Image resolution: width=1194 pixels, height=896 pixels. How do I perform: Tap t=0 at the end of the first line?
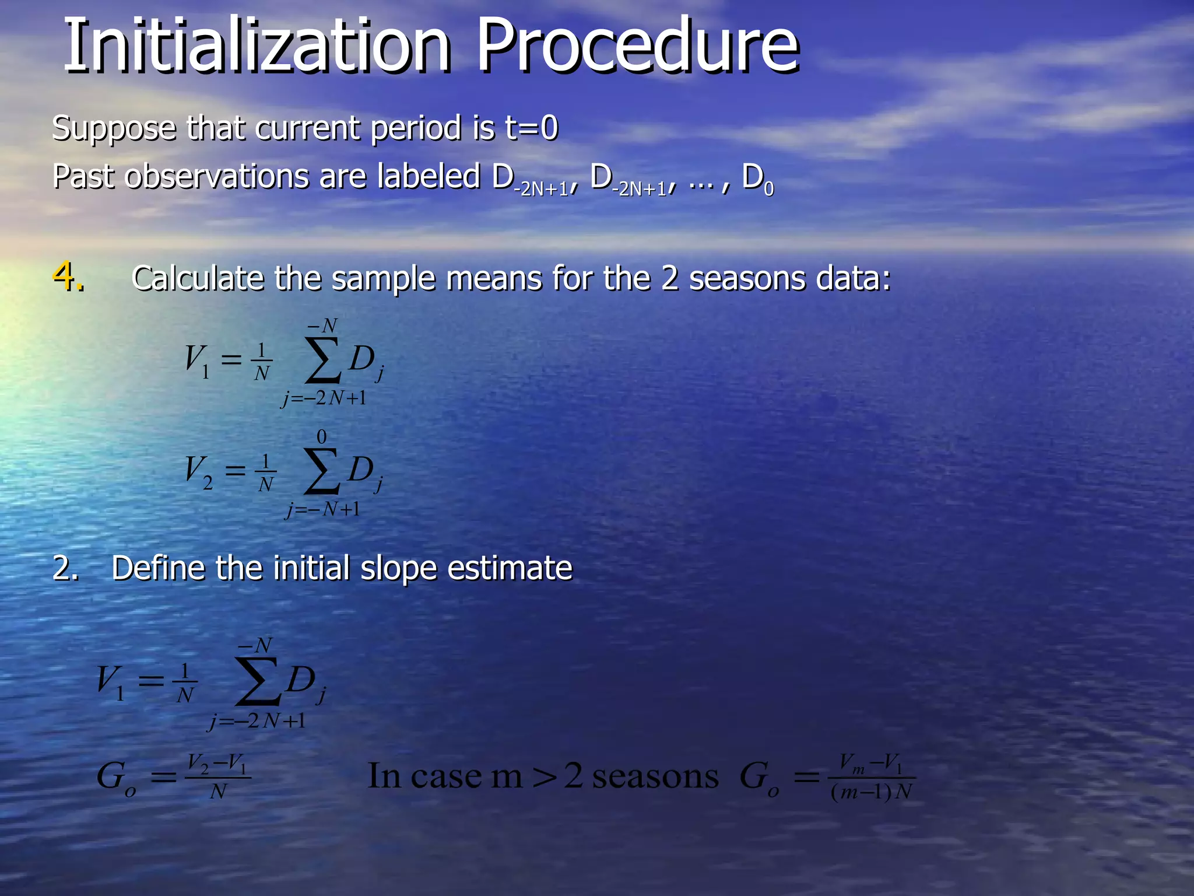point(531,128)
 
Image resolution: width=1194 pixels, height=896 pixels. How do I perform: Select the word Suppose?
point(114,129)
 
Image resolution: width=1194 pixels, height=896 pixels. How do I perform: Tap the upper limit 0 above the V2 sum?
point(321,437)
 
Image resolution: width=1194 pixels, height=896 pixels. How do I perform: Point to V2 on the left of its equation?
point(198,471)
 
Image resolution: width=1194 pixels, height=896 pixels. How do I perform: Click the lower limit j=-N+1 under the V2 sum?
point(323,510)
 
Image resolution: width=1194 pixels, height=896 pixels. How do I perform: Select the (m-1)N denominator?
point(871,792)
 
